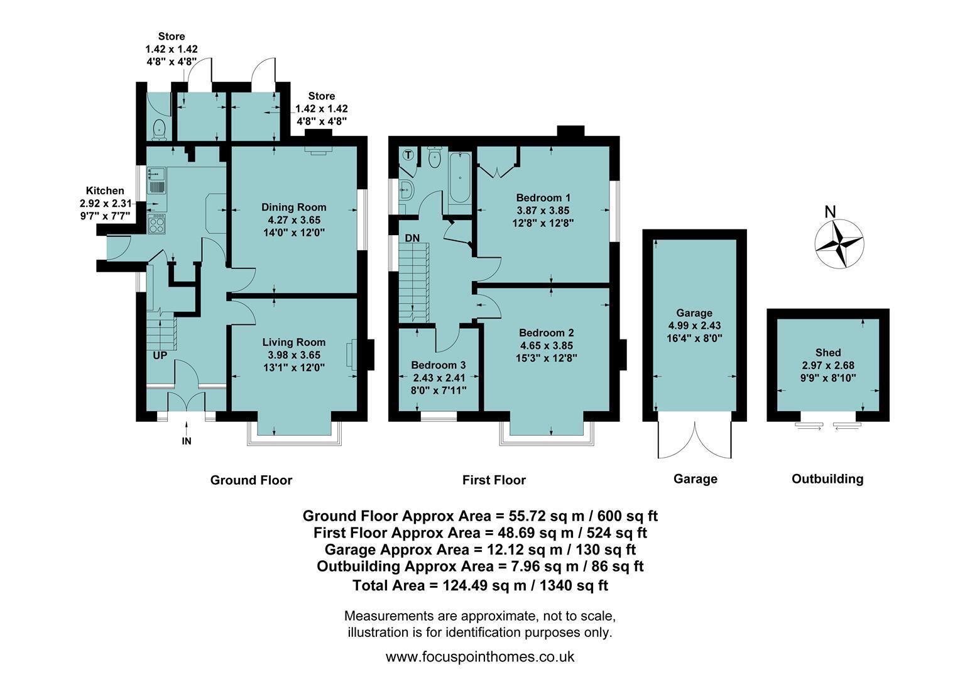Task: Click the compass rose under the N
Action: tap(839, 244)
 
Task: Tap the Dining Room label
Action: tap(294, 207)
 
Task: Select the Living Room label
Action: tap(294, 342)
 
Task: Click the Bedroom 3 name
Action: tap(439, 365)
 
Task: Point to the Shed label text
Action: tap(828, 353)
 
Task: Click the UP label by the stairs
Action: tap(160, 356)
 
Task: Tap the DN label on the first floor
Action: tap(412, 238)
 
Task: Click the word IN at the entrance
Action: tap(187, 441)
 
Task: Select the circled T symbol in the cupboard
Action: tap(408, 155)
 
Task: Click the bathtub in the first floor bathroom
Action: tap(460, 177)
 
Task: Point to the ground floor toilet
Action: tap(160, 129)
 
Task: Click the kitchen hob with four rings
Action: tap(157, 224)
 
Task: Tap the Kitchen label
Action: tap(105, 191)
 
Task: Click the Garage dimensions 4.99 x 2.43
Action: tap(694, 326)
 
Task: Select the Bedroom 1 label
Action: tap(543, 198)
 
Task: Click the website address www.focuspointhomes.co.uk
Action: tap(480, 657)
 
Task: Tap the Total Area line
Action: tap(480, 585)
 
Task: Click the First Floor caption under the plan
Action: tap(494, 480)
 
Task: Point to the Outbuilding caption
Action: tap(827, 478)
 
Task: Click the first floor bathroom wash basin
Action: tap(406, 189)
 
